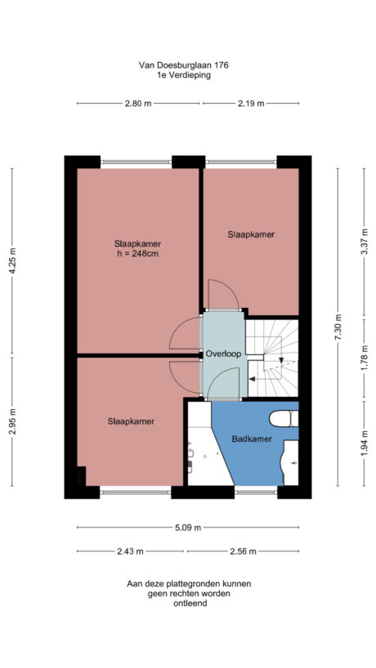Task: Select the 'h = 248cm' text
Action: (137, 253)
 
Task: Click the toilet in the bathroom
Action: (283, 418)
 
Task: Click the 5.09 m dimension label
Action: (187, 527)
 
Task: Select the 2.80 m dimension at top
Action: (138, 103)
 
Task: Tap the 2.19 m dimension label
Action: (250, 103)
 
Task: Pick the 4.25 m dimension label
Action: (12, 261)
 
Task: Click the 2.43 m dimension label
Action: (131, 551)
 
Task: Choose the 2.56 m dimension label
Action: (243, 551)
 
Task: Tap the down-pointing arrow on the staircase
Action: (281, 361)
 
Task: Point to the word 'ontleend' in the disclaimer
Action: (187, 604)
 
